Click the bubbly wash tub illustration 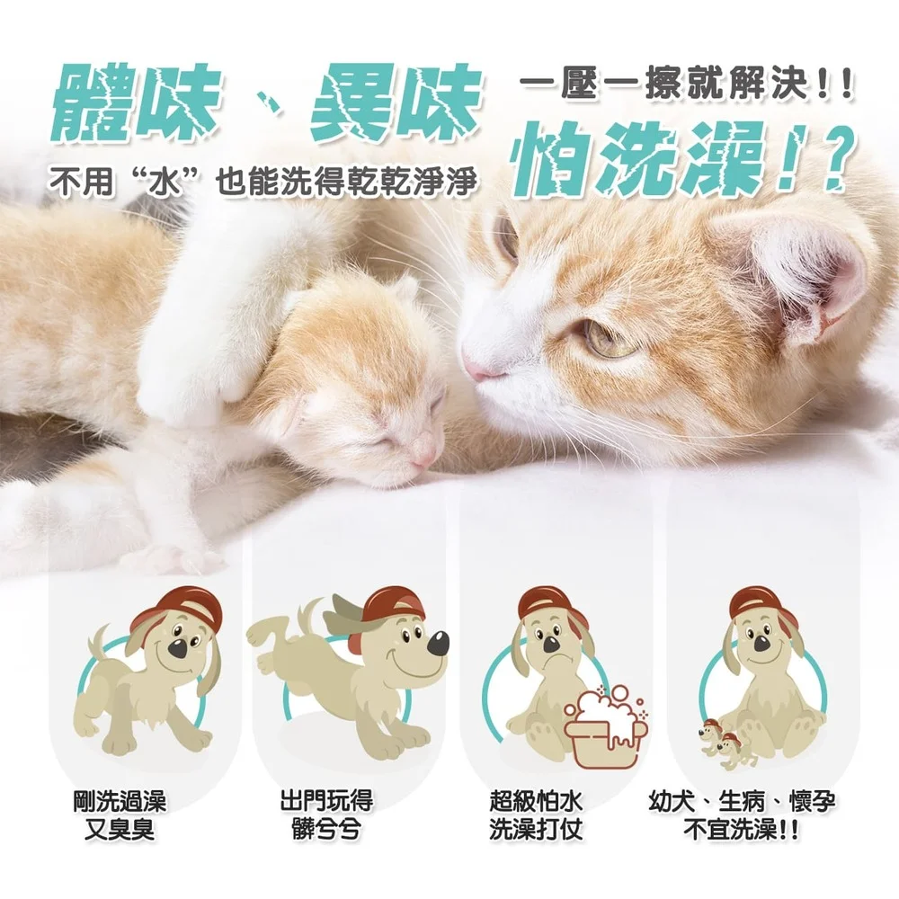click(x=601, y=729)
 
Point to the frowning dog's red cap click(x=547, y=603)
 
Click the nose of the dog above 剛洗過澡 click(x=179, y=647)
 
